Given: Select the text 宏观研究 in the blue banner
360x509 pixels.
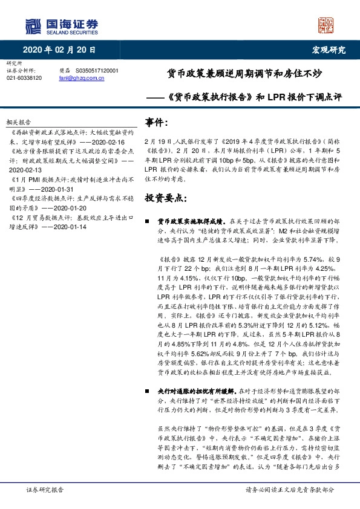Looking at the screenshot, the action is (328, 51).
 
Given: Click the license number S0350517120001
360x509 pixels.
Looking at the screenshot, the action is (97, 71).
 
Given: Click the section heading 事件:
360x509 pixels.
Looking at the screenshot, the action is (157, 123).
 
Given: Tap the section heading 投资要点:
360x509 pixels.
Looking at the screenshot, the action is (166, 198).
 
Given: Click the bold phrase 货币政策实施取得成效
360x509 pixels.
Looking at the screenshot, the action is (190, 222).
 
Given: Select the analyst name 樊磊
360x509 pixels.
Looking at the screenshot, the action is (65, 71).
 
